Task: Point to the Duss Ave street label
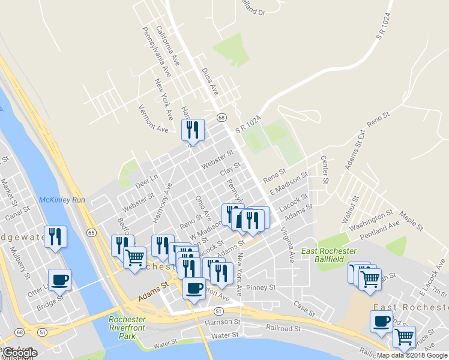click(209, 82)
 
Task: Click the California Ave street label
click(167, 45)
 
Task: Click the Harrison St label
click(222, 322)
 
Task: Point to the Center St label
click(325, 170)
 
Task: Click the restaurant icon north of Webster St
click(193, 129)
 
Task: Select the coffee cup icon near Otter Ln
click(59, 279)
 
